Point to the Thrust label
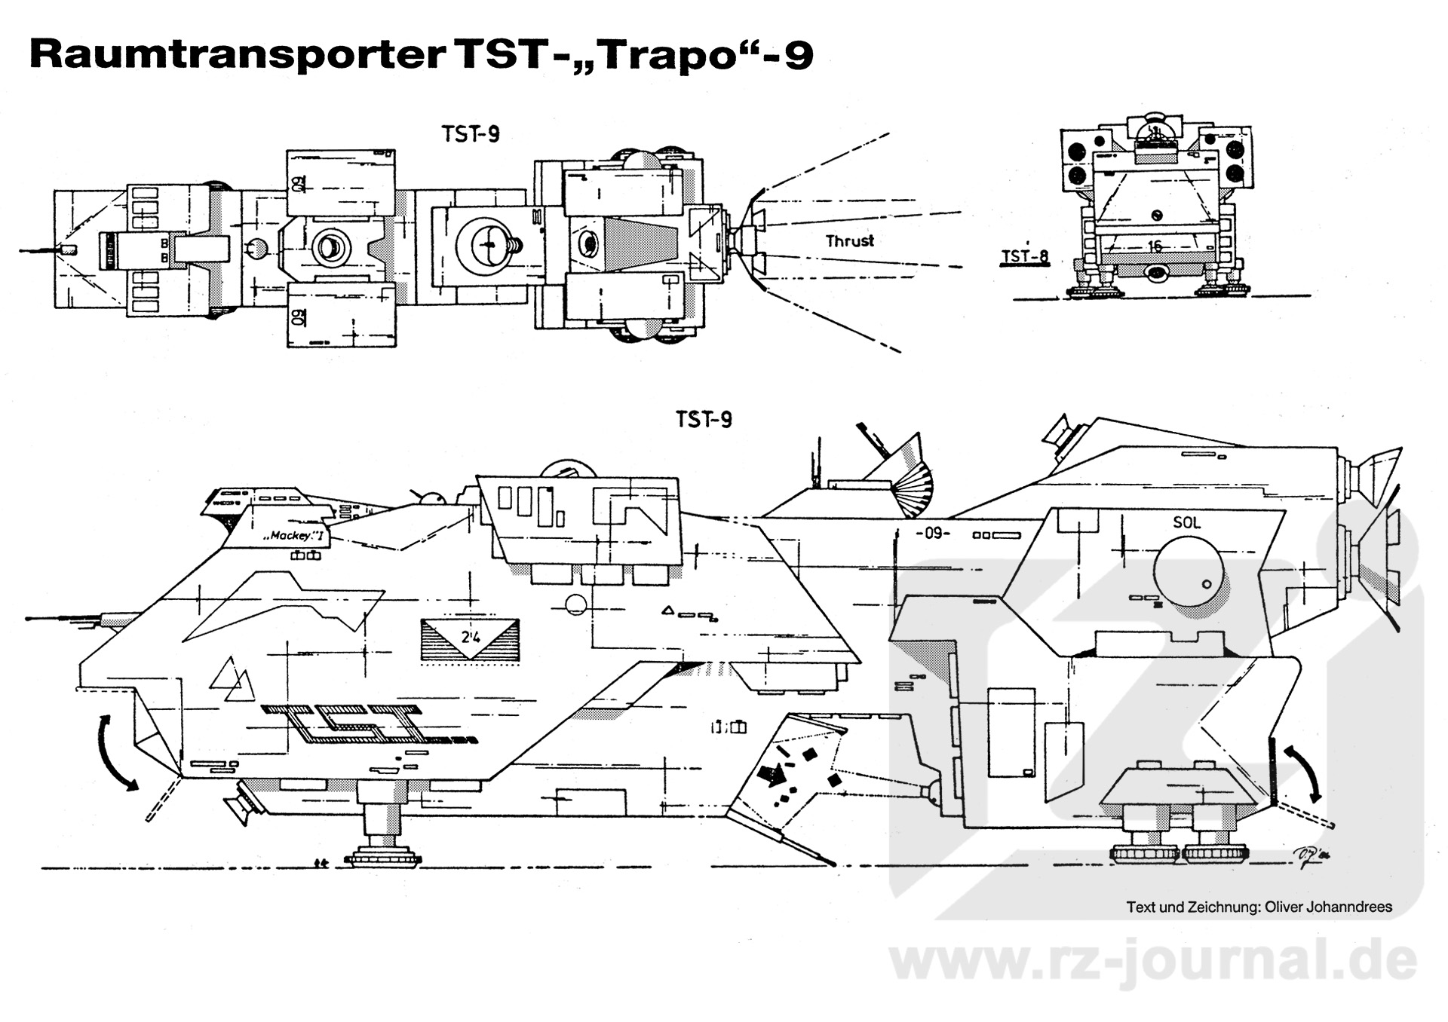[849, 241]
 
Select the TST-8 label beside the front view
[1024, 257]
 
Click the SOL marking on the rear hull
[1186, 522]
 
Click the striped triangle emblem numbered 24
[470, 640]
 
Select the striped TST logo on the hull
[354, 725]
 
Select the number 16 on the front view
[1155, 246]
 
